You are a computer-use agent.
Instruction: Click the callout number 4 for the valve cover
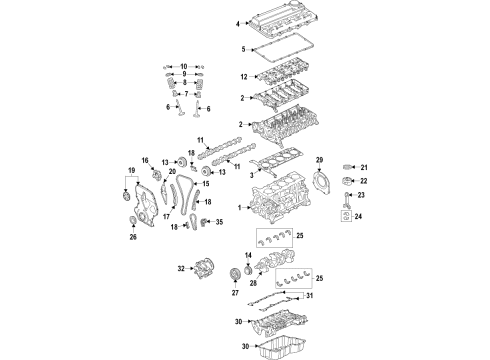coord(238,22)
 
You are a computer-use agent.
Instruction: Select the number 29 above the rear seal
coord(319,161)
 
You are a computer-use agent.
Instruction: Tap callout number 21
coord(365,167)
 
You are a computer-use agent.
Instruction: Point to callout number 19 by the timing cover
coord(129,172)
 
